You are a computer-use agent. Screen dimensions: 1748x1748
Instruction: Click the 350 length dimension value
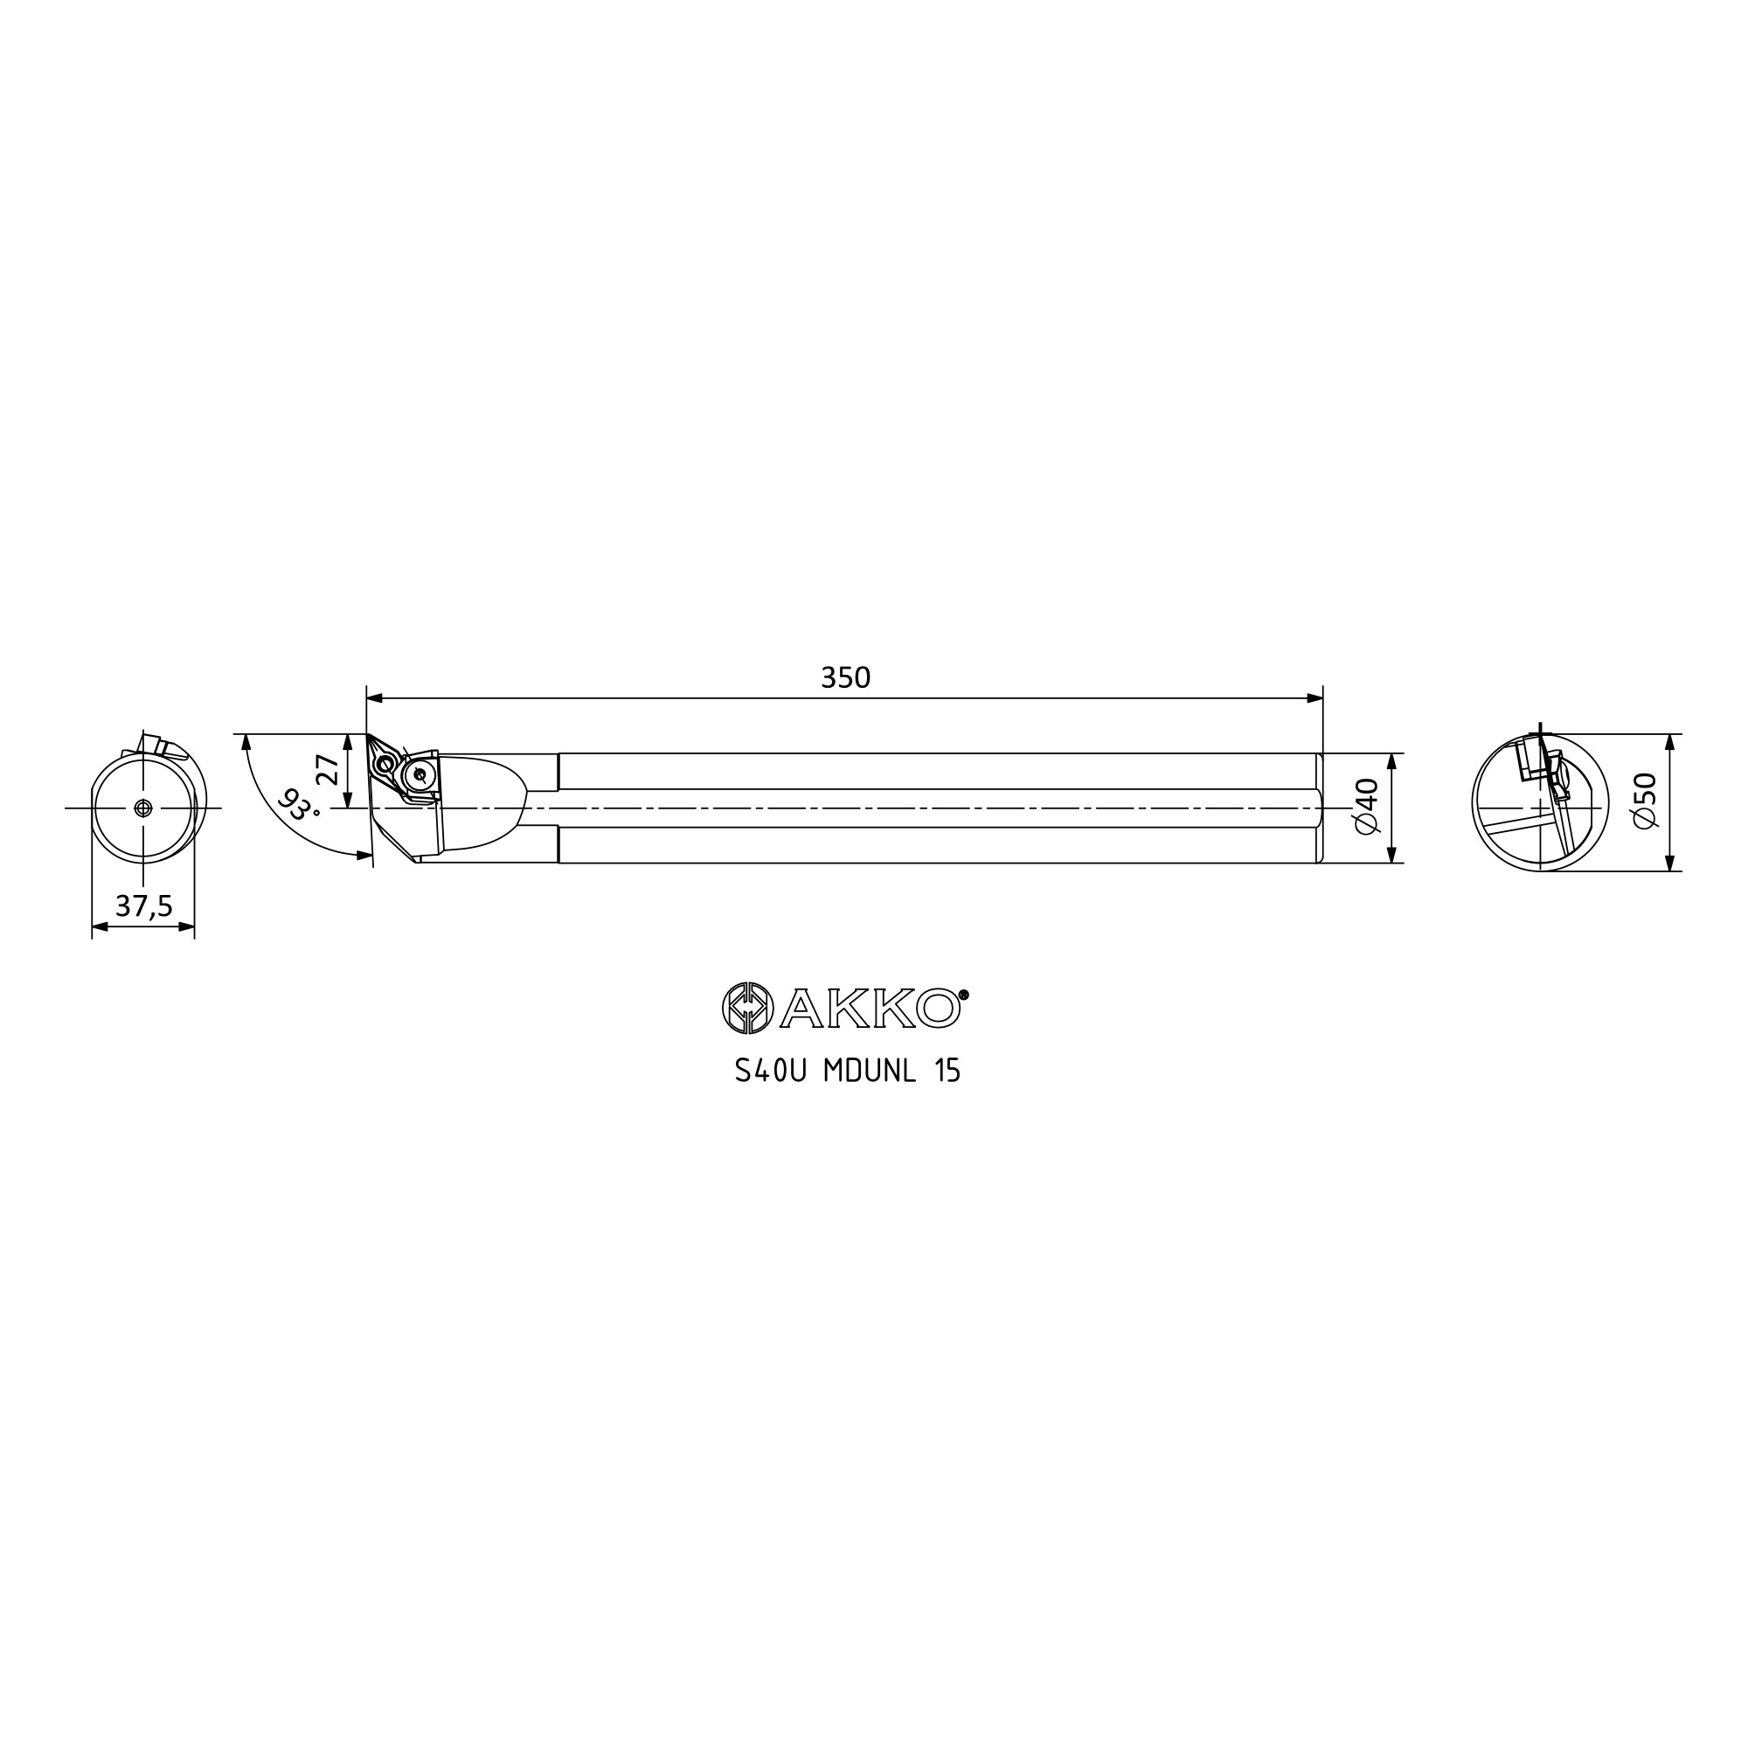[845, 677]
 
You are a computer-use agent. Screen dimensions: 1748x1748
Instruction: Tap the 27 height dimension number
[327, 770]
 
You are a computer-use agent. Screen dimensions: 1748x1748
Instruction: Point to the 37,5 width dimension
[144, 905]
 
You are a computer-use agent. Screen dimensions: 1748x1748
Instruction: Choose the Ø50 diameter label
[1645, 800]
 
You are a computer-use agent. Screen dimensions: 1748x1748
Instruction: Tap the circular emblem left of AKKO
[747, 1008]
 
